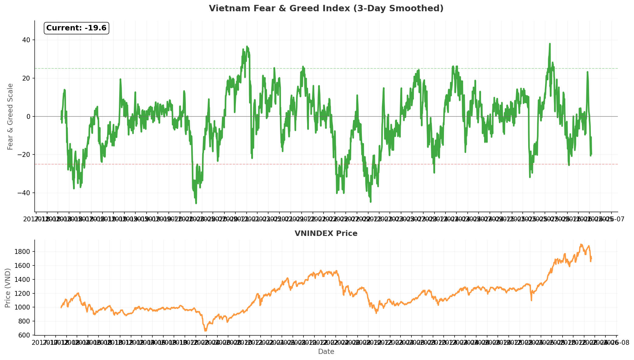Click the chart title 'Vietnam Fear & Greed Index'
tap(326, 9)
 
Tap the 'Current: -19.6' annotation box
tap(76, 28)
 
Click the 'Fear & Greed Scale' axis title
tap(10, 116)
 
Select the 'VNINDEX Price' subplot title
tap(326, 234)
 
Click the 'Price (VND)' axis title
tap(8, 288)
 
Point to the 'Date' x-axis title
tap(326, 352)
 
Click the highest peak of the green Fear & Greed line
tap(550, 43)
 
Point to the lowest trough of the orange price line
tap(206, 331)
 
